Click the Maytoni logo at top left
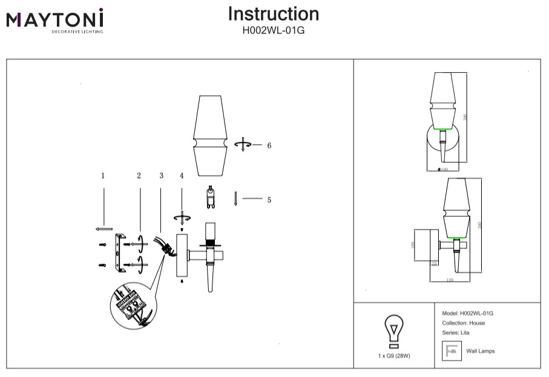(55, 20)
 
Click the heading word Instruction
(274, 14)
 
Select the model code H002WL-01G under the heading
(274, 29)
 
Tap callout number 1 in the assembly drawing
(103, 176)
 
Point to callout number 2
(139, 176)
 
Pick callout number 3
(161, 176)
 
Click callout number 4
(181, 176)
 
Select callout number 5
(269, 199)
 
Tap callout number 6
(269, 145)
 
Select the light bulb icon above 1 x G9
(393, 331)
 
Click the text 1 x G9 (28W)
(393, 356)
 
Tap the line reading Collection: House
(463, 323)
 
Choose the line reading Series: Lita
(456, 333)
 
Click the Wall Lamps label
(480, 352)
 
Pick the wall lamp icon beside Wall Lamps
(451, 352)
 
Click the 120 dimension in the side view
(450, 281)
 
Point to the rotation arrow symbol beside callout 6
(243, 145)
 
